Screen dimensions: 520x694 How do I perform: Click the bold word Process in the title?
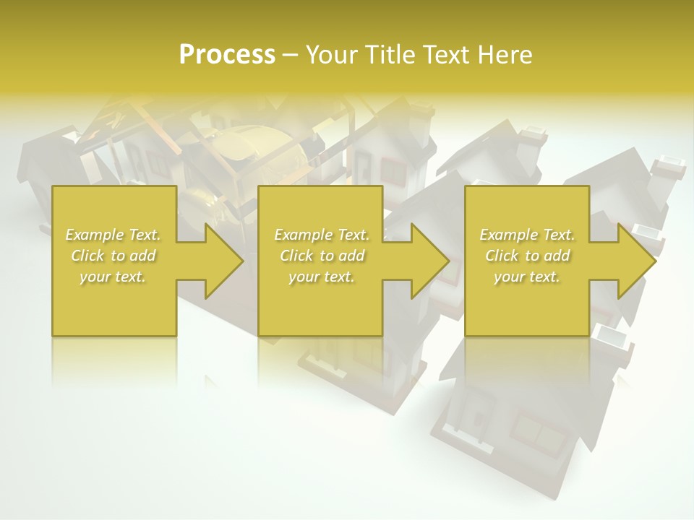coord(227,55)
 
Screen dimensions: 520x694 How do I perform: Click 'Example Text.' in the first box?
coord(113,235)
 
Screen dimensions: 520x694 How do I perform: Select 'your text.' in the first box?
coord(113,277)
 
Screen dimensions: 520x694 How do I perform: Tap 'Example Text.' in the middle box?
coord(322,235)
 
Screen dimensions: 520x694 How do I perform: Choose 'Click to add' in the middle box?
coord(322,256)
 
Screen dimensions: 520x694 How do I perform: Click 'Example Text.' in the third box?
coord(527,235)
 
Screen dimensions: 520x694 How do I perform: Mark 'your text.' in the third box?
coord(527,277)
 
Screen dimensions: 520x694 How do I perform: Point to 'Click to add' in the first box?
coord(113,256)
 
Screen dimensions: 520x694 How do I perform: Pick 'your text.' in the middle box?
coord(322,277)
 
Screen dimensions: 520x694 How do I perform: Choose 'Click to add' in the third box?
coord(527,256)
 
